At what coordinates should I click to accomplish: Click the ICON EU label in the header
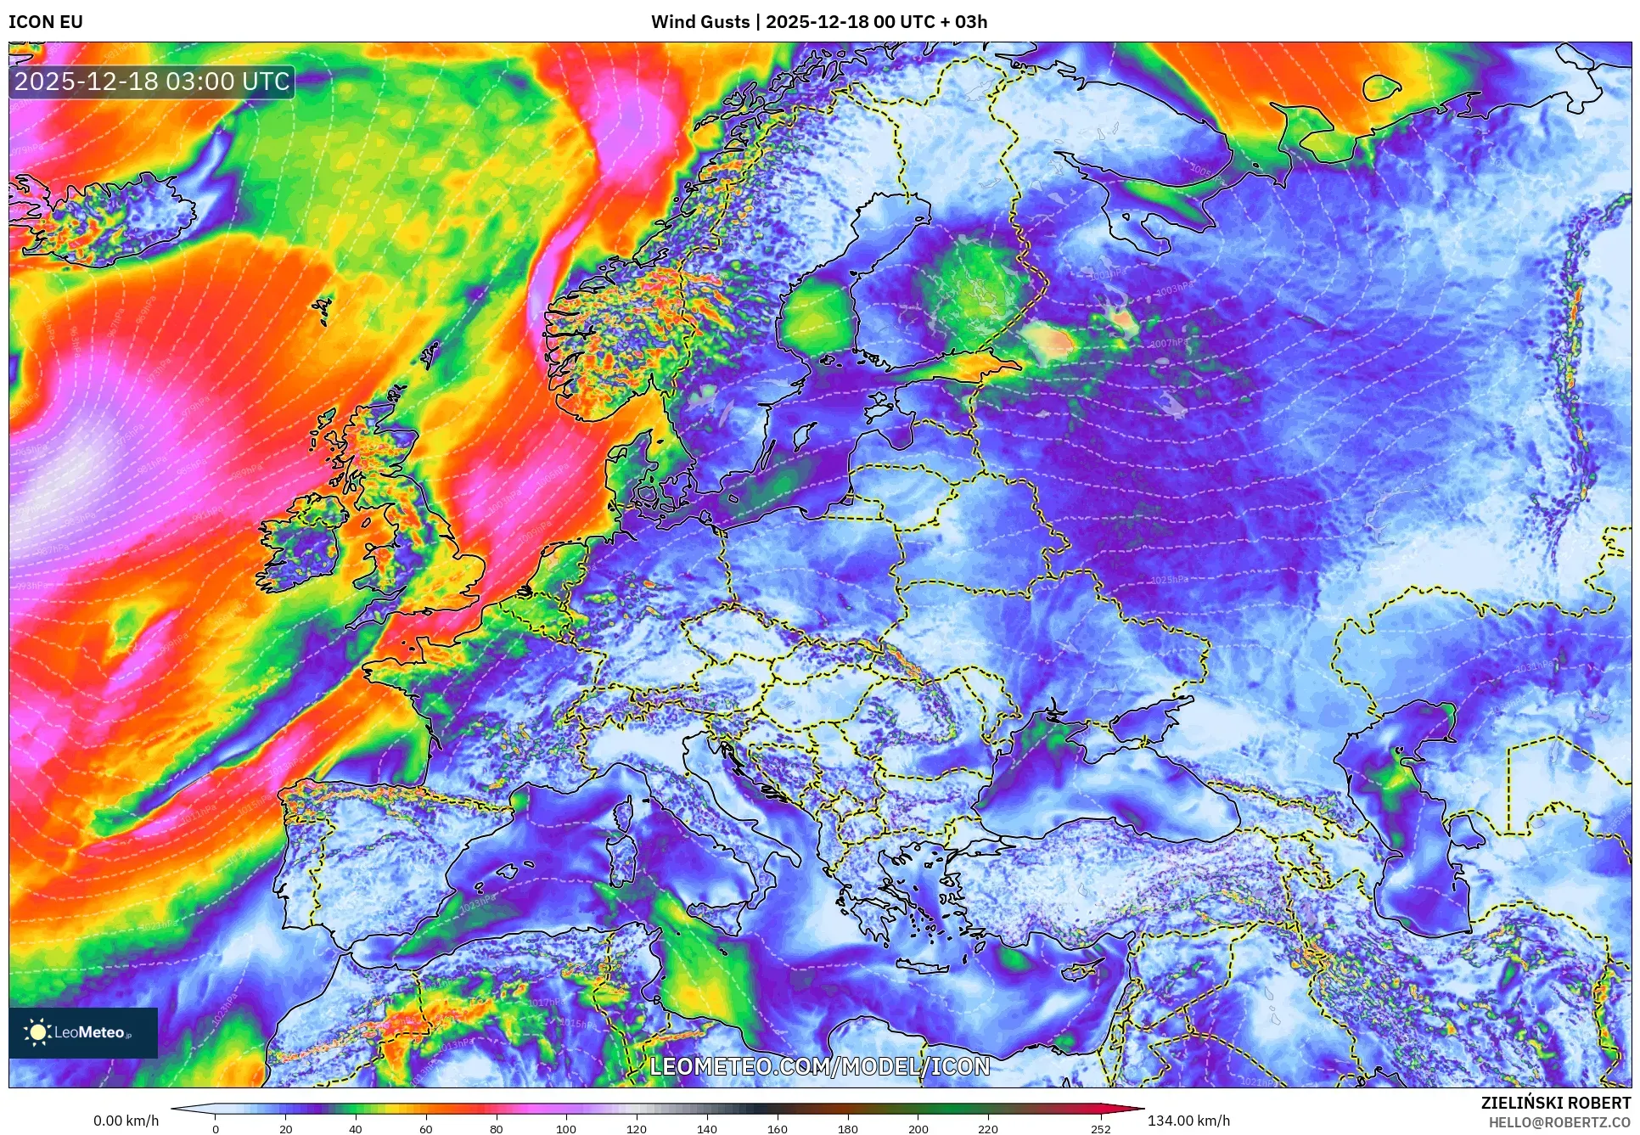tap(46, 22)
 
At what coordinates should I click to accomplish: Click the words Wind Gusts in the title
tap(700, 22)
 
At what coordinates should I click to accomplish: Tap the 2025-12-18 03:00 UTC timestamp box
tap(152, 81)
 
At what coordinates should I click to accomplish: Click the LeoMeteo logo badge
tap(83, 1032)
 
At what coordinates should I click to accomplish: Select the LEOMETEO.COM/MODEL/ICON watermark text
tap(819, 1066)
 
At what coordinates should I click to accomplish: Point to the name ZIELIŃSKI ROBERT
tap(1555, 1103)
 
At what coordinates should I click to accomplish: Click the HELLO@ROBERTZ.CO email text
tap(1559, 1122)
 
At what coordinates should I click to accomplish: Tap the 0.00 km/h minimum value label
tap(126, 1121)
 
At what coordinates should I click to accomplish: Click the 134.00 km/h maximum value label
tap(1188, 1121)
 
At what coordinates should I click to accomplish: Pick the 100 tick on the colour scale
tap(566, 1129)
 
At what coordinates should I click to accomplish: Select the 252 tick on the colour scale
tap(1100, 1129)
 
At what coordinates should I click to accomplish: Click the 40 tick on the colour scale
tap(356, 1129)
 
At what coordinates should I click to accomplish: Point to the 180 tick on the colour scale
tap(847, 1129)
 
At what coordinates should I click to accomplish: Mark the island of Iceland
tap(110, 216)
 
